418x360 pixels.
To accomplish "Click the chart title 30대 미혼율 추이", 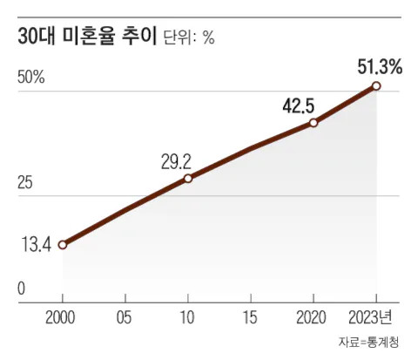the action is (x=87, y=37).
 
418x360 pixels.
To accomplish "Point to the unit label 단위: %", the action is (x=189, y=37).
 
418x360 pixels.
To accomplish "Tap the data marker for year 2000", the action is (x=63, y=245).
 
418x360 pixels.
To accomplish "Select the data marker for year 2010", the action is (x=188, y=178).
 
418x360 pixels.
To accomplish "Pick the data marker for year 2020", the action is (x=313, y=123).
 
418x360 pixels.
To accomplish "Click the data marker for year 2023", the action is (x=376, y=86).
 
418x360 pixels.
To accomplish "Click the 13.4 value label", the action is (x=37, y=245).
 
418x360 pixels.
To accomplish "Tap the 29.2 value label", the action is (x=176, y=162).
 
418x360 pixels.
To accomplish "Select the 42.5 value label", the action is (x=299, y=105).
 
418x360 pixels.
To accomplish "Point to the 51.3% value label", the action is (x=380, y=67).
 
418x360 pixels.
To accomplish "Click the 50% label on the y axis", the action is (x=31, y=78).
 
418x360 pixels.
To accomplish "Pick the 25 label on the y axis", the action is (x=24, y=183).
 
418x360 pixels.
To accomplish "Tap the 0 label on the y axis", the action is (x=21, y=289).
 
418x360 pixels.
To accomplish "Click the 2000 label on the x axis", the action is (x=60, y=317).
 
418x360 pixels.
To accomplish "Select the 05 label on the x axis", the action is (x=124, y=317).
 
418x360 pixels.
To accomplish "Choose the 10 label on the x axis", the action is (x=187, y=317).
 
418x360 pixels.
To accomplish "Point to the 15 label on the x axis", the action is (x=250, y=317).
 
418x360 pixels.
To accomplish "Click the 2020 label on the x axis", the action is (x=311, y=317).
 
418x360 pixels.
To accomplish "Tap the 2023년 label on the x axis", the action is (x=370, y=317).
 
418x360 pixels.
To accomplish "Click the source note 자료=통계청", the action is (x=368, y=342).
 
